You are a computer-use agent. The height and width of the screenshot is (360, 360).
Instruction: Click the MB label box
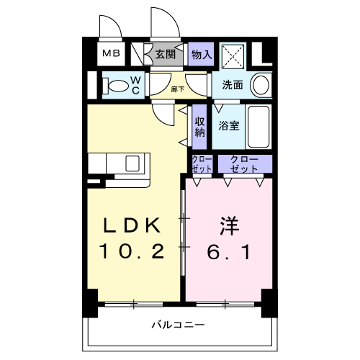coord(110,53)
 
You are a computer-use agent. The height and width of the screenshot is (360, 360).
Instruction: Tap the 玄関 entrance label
coord(165,53)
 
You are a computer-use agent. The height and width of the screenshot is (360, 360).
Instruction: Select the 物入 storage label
coord(202,53)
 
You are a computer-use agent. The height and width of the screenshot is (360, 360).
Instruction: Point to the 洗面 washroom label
coord(232,84)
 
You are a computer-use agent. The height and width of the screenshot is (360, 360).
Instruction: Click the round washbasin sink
coord(262,85)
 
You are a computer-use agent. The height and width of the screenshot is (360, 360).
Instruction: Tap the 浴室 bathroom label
coord(230,125)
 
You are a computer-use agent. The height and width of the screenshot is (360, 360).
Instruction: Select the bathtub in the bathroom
coord(258,127)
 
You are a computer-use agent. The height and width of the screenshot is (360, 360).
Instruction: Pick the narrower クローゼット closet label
coord(202,164)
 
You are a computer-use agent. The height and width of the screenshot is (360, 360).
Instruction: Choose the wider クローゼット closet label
coord(245,164)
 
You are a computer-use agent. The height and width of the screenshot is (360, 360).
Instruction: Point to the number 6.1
coord(228,251)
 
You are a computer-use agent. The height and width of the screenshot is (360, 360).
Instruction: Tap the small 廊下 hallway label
coord(178,89)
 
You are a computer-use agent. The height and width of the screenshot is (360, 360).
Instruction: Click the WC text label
coord(135,86)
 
